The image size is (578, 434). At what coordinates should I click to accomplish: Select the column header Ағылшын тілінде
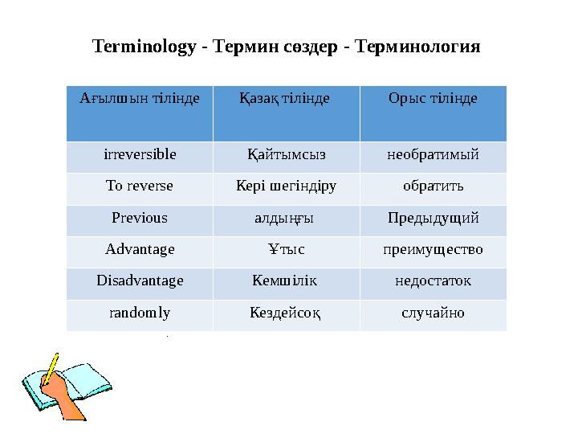click(x=140, y=98)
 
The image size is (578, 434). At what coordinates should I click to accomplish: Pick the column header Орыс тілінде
click(x=433, y=98)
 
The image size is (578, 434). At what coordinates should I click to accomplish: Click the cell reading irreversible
click(x=140, y=154)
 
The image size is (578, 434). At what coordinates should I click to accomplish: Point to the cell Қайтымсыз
click(x=287, y=154)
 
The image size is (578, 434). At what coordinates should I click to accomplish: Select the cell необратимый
click(x=433, y=154)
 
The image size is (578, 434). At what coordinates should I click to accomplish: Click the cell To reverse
click(x=140, y=186)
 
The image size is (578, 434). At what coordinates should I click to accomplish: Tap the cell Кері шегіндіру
click(x=287, y=186)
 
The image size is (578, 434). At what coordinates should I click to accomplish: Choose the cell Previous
click(x=140, y=218)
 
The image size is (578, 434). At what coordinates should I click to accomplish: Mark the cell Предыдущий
click(x=433, y=218)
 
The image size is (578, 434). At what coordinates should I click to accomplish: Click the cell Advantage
click(x=140, y=249)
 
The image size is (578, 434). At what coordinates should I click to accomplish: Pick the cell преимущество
click(x=433, y=249)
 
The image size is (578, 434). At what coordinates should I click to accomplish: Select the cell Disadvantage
click(x=140, y=281)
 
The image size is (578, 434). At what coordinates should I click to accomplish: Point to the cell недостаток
click(x=433, y=281)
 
